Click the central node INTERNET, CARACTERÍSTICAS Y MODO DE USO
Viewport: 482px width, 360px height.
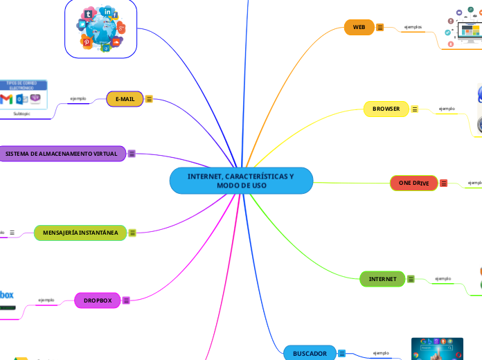pyautogui.click(x=241, y=181)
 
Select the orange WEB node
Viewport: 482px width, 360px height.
pyautogui.click(x=359, y=27)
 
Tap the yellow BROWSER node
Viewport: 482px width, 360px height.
pyautogui.click(x=386, y=109)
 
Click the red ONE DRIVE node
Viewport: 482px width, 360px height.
pyautogui.click(x=414, y=183)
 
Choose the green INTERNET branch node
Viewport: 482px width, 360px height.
pyautogui.click(x=382, y=279)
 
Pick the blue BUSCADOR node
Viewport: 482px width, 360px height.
pyautogui.click(x=310, y=353)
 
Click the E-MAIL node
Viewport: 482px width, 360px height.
pyautogui.click(x=125, y=99)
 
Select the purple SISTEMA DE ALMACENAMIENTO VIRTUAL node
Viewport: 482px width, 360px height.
pyautogui.click(x=62, y=153)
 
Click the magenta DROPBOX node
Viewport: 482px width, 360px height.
pyautogui.click(x=98, y=300)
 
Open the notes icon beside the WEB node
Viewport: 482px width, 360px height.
pyautogui.click(x=380, y=28)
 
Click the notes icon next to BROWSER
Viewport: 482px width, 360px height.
pyautogui.click(x=415, y=109)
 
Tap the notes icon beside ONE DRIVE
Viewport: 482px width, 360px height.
pyautogui.click(x=443, y=183)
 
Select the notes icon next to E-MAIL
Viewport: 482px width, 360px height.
pyautogui.click(x=149, y=99)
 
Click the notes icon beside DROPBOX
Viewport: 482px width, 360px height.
pyautogui.click(x=127, y=300)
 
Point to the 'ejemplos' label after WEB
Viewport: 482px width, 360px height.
pyautogui.click(x=413, y=27)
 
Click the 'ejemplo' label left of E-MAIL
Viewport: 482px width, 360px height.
pyautogui.click(x=78, y=98)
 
